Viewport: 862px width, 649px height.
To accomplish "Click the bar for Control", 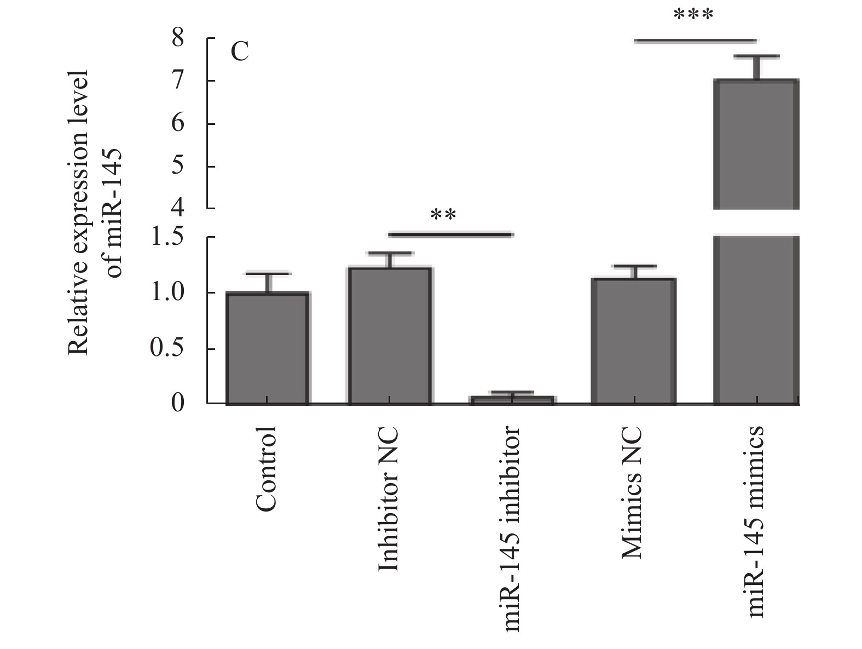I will click(268, 348).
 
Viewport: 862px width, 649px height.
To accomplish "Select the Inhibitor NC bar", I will click(390, 335).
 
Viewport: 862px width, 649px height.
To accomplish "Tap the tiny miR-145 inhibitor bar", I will click(512, 400).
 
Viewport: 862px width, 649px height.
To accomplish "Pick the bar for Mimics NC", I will click(634, 341).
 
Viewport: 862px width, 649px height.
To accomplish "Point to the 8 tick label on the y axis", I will click(178, 39).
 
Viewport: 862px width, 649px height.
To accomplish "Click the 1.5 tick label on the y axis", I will click(167, 238).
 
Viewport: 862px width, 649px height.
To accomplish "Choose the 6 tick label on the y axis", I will click(178, 124).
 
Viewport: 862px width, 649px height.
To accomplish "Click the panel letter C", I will click(240, 53).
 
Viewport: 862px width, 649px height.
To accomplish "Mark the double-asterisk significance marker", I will click(443, 215).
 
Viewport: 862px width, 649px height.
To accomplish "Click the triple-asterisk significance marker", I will click(693, 15).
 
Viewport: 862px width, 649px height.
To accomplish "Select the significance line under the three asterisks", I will click(695, 41).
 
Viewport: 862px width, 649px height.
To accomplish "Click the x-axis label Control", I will click(267, 469).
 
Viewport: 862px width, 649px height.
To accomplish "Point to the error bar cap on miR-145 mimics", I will click(757, 56).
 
